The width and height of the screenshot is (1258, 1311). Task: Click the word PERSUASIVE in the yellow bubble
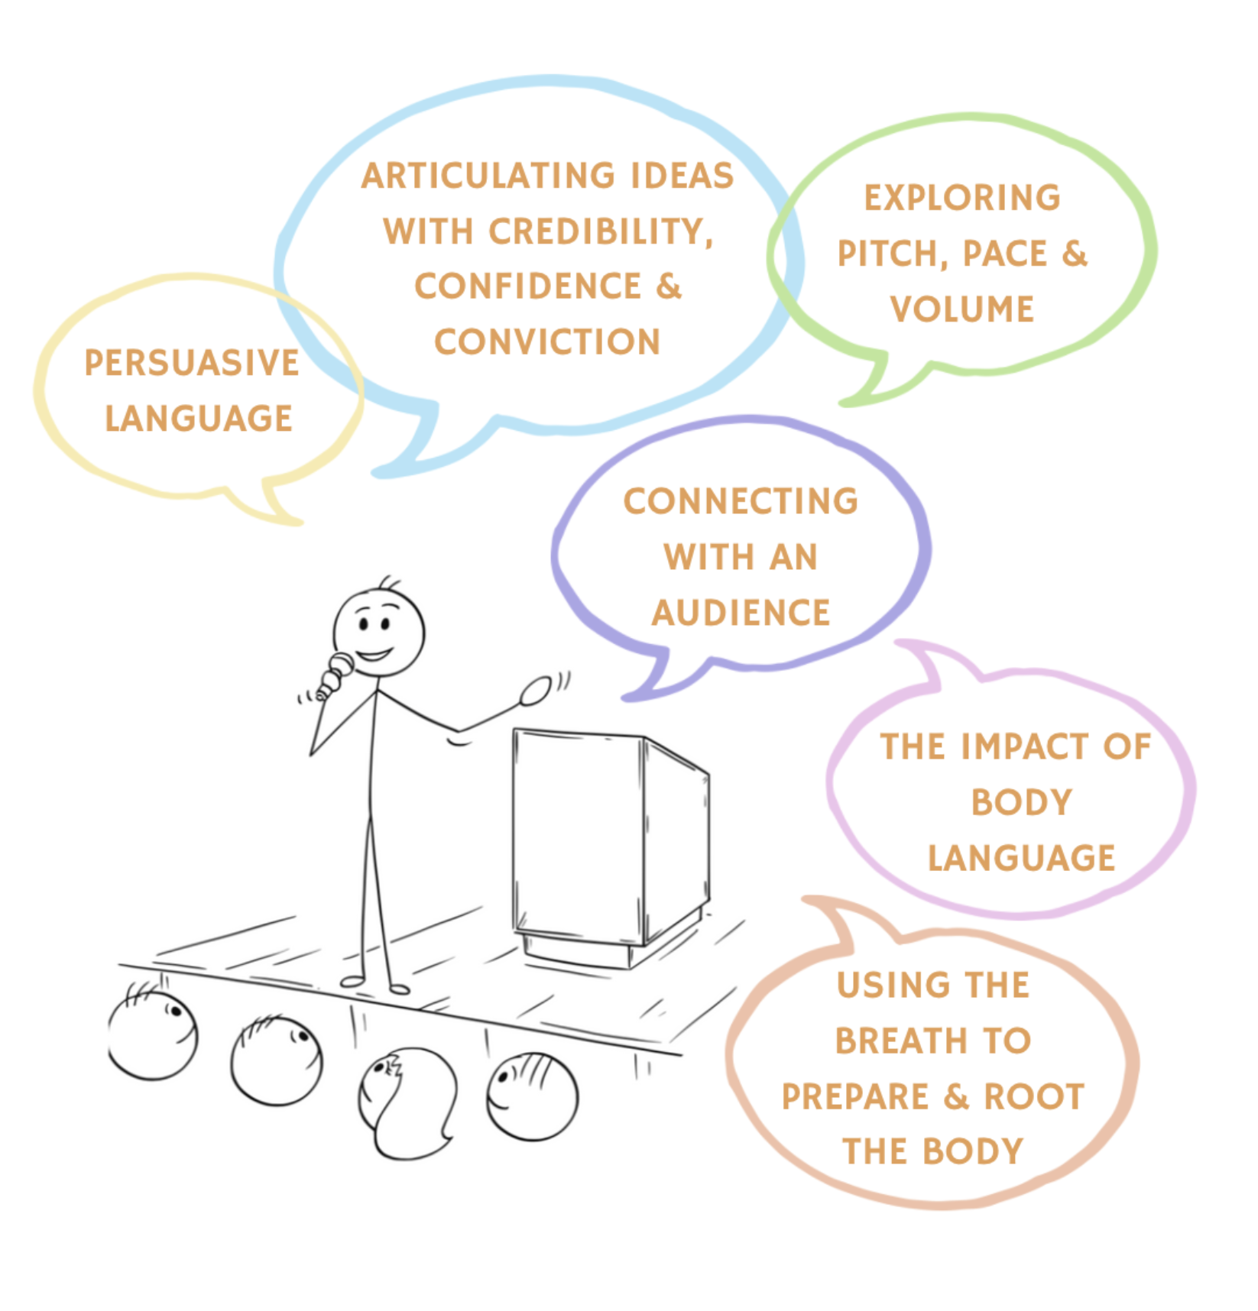click(x=191, y=363)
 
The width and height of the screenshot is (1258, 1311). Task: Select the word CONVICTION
click(x=547, y=342)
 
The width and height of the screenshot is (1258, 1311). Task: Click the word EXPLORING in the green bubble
click(x=962, y=198)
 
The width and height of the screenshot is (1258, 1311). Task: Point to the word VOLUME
click(x=962, y=309)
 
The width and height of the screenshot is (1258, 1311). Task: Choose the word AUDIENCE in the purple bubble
click(x=741, y=613)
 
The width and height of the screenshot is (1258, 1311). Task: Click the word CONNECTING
click(x=741, y=502)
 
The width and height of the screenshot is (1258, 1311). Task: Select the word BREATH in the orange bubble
click(x=902, y=1041)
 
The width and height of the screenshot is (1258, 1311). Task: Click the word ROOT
click(x=1034, y=1096)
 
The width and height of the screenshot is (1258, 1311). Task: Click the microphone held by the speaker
click(x=335, y=675)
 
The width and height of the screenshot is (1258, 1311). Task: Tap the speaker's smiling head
click(x=378, y=631)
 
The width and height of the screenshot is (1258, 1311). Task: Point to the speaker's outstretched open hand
click(x=535, y=691)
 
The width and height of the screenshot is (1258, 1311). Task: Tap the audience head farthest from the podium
click(x=153, y=1035)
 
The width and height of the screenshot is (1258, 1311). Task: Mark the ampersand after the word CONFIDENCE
click(x=668, y=286)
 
